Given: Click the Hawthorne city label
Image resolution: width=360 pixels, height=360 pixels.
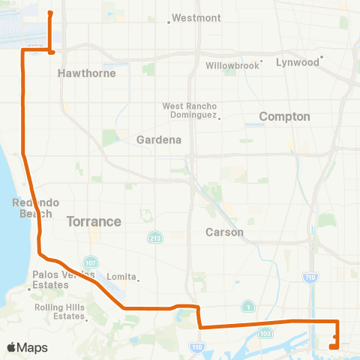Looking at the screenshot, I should point(79,73).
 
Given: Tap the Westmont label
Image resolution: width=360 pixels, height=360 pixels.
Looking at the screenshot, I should point(196,17).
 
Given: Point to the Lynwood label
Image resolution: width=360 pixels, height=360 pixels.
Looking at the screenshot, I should point(298,62).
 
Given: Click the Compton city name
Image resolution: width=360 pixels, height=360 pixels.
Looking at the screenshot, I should point(284,116).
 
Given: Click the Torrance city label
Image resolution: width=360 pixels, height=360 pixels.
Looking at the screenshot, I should point(94,221).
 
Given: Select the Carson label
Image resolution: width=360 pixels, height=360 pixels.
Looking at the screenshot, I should point(225,232).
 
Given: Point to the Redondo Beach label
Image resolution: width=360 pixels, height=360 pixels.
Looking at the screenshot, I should point(31,208).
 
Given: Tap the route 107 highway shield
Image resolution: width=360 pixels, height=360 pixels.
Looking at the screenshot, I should point(89,262).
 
